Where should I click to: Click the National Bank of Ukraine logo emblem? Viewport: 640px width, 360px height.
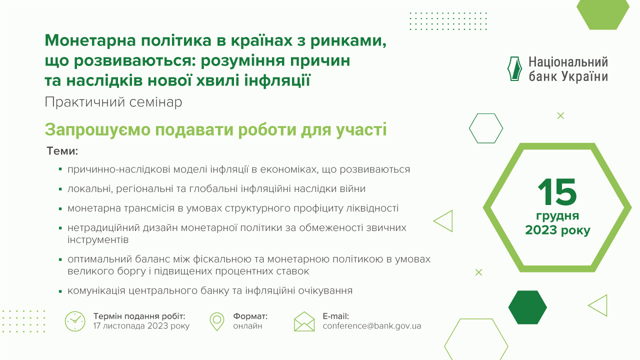[514, 69]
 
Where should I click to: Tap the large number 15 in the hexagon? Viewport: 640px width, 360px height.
[557, 192]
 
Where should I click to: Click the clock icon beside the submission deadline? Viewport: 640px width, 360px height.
[75, 321]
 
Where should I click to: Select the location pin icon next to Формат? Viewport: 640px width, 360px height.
[217, 321]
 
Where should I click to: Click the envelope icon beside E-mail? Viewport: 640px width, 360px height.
[304, 321]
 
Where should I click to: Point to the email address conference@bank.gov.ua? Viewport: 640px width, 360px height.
[372, 326]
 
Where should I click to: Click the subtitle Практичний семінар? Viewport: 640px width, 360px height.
[113, 102]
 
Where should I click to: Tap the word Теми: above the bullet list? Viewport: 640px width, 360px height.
[63, 150]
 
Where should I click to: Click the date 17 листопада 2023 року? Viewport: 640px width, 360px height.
[141, 326]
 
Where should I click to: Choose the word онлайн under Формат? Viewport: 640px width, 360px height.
[247, 326]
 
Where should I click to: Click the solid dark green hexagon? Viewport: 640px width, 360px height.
[527, 307]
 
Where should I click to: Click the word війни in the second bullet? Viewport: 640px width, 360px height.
[353, 189]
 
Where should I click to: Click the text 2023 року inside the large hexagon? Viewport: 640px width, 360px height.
[557, 230]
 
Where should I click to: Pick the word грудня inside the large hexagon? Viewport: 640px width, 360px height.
[557, 216]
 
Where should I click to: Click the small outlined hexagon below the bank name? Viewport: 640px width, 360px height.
[485, 128]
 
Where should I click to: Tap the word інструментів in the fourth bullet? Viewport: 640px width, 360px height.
[98, 240]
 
